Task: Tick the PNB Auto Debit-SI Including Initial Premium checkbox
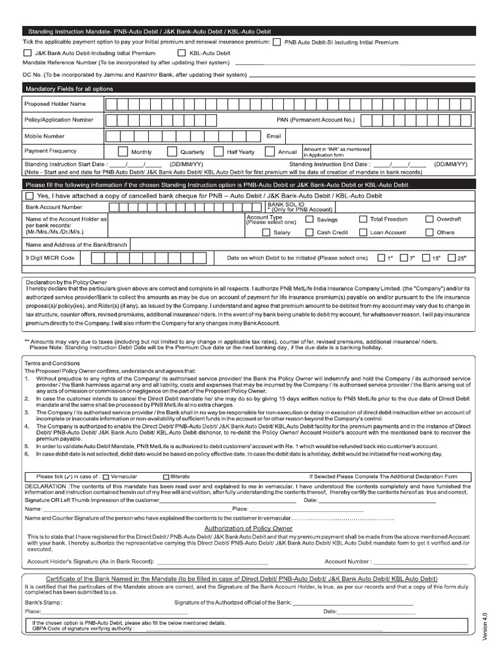pyautogui.click(x=277, y=42)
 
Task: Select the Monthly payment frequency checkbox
pyautogui.click(x=123, y=151)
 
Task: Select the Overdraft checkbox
pyautogui.click(x=429, y=220)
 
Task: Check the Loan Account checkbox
pyautogui.click(x=362, y=232)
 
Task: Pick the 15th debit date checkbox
pyautogui.click(x=427, y=258)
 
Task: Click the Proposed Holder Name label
pyautogui.click(x=55, y=103)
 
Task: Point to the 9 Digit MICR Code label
pyautogui.click(x=50, y=258)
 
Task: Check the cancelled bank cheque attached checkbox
pyautogui.click(x=29, y=195)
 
